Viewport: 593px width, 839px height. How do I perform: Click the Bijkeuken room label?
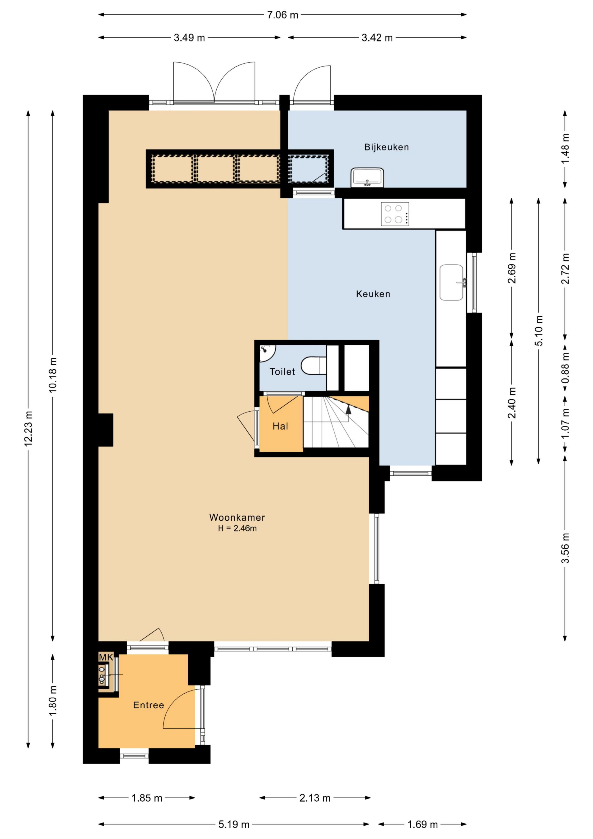[386, 147]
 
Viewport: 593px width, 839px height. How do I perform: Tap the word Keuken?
[373, 294]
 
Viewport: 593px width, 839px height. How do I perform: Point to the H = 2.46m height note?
[237, 528]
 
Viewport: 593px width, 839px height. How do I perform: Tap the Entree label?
[148, 705]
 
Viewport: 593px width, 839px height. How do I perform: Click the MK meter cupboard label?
[106, 657]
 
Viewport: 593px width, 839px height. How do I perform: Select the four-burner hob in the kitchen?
[395, 214]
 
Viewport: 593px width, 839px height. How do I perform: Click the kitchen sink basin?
[452, 283]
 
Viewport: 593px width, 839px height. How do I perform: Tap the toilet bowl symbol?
[314, 366]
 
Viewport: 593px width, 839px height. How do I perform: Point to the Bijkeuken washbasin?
[367, 178]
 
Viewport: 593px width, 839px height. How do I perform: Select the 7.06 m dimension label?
[282, 15]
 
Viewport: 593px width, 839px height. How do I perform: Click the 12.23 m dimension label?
[29, 429]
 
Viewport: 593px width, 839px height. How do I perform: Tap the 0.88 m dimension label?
[565, 368]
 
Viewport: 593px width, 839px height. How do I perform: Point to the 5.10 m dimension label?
[539, 331]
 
